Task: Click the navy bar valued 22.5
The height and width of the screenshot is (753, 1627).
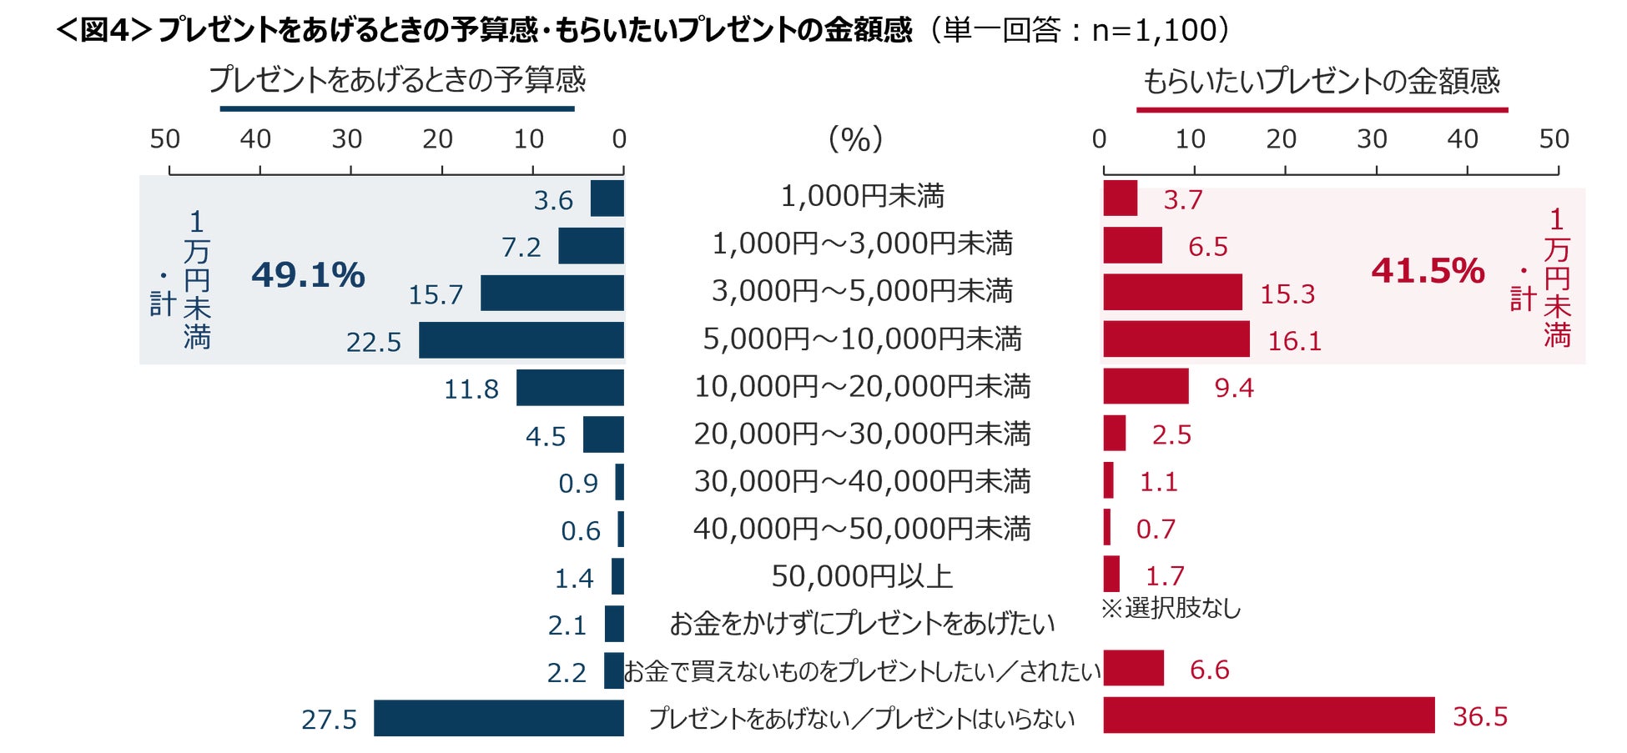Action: point(521,340)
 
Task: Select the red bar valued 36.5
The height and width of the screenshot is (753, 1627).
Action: point(1268,715)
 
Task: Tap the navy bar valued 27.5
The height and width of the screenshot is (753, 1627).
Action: point(499,718)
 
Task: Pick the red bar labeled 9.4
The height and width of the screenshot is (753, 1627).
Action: point(1146,387)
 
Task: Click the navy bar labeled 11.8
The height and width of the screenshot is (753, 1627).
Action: point(570,388)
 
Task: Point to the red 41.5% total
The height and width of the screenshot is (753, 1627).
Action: point(1428,271)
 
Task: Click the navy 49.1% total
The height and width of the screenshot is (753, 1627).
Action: point(308,275)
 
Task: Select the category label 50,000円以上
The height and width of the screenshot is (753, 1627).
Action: point(862,576)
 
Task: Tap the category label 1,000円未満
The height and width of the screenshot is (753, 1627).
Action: point(862,197)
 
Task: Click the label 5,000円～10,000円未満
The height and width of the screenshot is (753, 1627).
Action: point(862,339)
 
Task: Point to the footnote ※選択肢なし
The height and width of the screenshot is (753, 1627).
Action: point(1171,609)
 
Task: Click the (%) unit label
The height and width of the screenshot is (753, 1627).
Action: point(855,138)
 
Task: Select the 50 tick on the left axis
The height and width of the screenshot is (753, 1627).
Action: point(165,139)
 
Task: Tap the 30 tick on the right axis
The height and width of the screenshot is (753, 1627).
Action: point(1372,139)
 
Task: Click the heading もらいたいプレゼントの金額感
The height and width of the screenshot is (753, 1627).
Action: point(1321,81)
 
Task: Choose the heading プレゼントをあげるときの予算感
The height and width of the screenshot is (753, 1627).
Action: point(397,80)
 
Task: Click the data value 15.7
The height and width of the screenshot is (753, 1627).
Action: point(436,294)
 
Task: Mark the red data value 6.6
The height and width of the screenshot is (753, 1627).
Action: point(1209,670)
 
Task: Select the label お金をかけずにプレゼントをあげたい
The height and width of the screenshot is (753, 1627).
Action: point(862,624)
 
